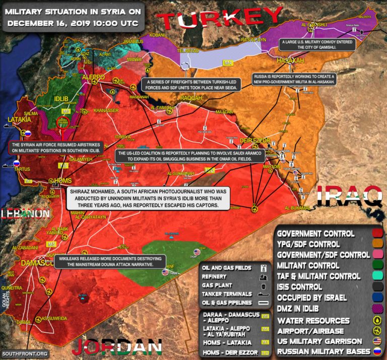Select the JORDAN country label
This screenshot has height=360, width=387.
pos(116,347)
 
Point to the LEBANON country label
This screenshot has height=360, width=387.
pos(25,214)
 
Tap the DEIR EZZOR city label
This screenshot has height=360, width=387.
pos(255,140)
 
